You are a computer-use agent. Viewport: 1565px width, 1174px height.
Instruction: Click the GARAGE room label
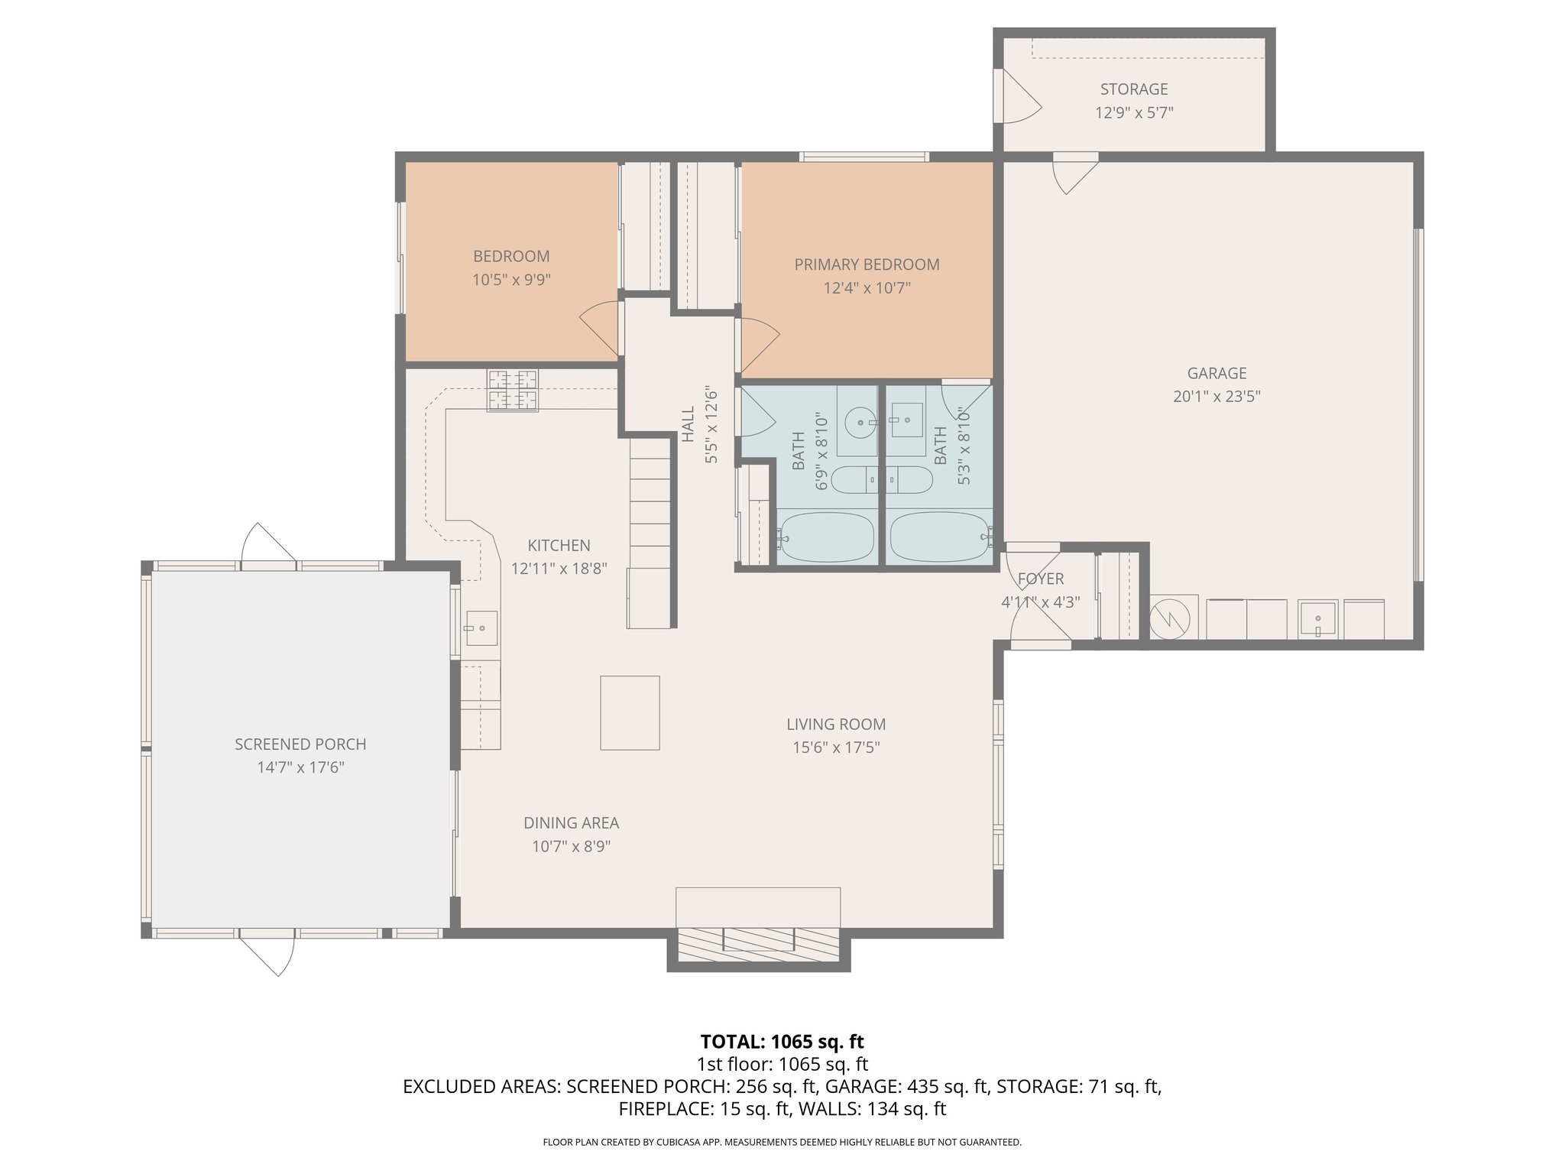tap(1217, 373)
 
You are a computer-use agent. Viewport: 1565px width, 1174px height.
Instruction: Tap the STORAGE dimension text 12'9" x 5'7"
tap(1134, 113)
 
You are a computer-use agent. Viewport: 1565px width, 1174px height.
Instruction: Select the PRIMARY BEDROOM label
tap(867, 264)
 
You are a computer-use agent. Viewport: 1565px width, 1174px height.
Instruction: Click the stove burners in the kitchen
tap(513, 390)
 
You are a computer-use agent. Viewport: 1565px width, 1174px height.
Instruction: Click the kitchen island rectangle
tap(630, 712)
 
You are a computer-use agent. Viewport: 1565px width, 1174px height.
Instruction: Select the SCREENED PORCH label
tap(300, 744)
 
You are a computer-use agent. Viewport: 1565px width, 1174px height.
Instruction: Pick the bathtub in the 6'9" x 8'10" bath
tap(826, 537)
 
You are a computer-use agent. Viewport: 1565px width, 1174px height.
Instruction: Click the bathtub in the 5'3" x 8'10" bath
tap(938, 537)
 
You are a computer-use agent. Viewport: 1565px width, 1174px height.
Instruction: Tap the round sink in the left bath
tap(862, 421)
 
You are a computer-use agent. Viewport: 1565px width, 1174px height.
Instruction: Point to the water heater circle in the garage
tap(1171, 618)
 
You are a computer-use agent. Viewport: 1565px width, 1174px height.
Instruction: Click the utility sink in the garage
tap(1317, 619)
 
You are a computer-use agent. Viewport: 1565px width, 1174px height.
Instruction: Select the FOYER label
tap(1040, 579)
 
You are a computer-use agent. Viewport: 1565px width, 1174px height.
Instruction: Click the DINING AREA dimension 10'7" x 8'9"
tap(571, 846)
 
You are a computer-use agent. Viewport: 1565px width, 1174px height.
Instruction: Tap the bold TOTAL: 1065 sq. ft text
tap(782, 1041)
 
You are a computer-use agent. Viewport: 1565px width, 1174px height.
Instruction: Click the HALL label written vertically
tap(689, 424)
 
